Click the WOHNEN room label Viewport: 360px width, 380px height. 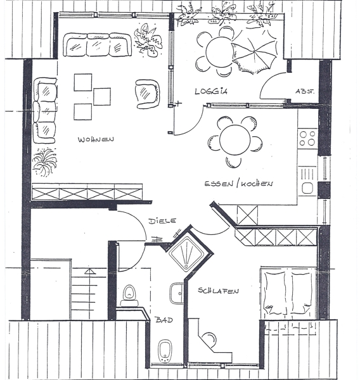pos(96,139)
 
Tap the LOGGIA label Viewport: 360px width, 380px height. pos(211,91)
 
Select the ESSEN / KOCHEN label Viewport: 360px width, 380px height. pos(239,184)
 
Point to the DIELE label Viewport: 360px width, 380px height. pos(162,221)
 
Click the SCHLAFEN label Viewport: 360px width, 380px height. pos(218,291)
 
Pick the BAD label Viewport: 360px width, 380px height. pos(164,320)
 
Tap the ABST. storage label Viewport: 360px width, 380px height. pos(305,91)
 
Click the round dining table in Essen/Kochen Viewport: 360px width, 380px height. pos(235,140)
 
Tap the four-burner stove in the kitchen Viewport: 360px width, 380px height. pos(307,138)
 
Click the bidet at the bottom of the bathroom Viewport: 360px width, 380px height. pos(165,351)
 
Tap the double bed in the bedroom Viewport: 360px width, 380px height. pos(288,293)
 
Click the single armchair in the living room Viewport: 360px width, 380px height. pos(148,94)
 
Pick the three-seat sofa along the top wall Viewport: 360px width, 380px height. pos(97,45)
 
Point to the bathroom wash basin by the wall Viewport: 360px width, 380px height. pos(177,293)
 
